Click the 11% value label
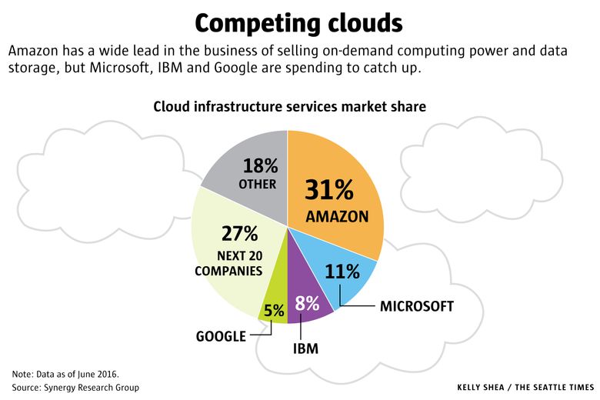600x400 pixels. (342, 271)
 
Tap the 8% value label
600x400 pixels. (307, 303)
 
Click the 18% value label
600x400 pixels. (259, 165)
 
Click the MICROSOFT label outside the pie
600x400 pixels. (416, 306)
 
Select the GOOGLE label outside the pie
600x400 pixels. (221, 336)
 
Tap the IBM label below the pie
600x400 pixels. (305, 348)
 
